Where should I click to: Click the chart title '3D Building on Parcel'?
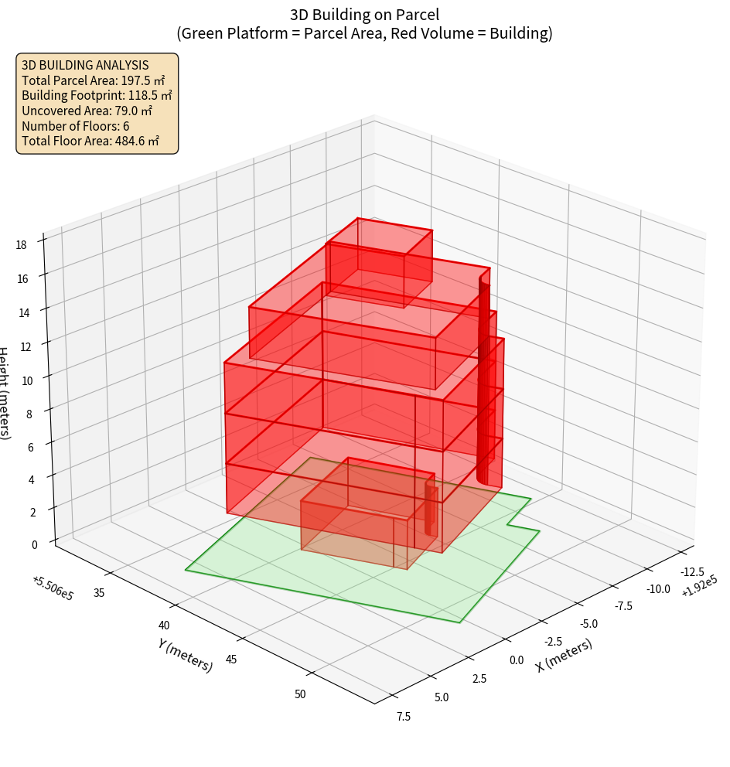coord(364,14)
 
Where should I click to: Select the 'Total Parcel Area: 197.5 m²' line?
coord(93,80)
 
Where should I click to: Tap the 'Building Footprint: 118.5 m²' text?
coord(97,95)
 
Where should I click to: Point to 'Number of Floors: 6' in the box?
coord(75,125)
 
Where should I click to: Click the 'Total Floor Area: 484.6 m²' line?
coord(90,141)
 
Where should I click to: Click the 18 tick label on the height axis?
coord(21,245)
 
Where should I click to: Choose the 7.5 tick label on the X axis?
coord(402,716)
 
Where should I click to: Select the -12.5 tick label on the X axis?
coord(691,572)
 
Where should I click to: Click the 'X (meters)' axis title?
coord(564,655)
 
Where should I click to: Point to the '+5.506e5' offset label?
coord(53,588)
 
